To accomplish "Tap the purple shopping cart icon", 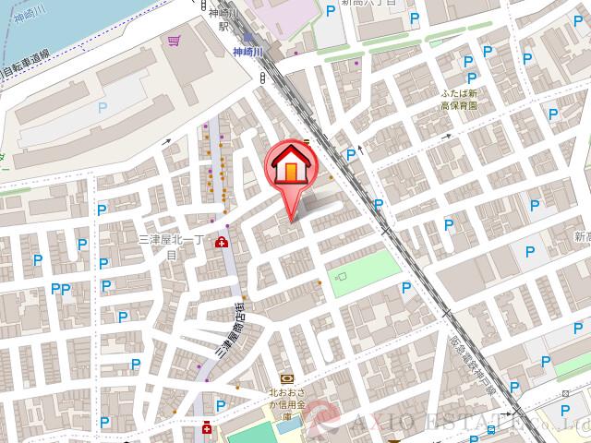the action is click(174, 41).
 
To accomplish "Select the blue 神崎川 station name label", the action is click(247, 53).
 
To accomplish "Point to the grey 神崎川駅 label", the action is click(222, 20).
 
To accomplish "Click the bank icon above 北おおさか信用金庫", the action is click(286, 378).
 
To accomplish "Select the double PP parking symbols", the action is click(61, 290).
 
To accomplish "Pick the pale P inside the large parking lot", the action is click(102, 108).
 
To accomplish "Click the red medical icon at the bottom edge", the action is click(208, 429).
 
